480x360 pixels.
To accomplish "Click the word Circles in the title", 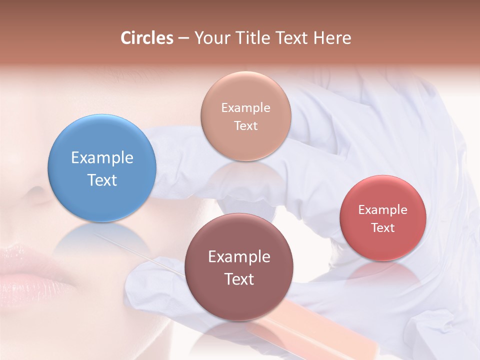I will [146, 38].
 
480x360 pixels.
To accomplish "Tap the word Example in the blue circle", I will [102, 158].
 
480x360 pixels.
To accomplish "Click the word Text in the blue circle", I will [102, 180].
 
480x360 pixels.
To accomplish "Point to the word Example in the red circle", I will [383, 210].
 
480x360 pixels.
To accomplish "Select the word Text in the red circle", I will [383, 228].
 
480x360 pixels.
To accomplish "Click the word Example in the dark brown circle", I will [239, 257].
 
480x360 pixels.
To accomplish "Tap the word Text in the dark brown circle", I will [239, 279].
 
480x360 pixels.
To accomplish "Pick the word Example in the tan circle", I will [245, 108].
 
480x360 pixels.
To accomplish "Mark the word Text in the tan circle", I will [245, 126].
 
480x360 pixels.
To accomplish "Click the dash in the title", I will [183, 38].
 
